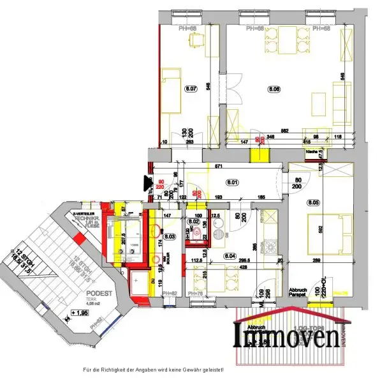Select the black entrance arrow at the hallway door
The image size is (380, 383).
click(x=146, y=183)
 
